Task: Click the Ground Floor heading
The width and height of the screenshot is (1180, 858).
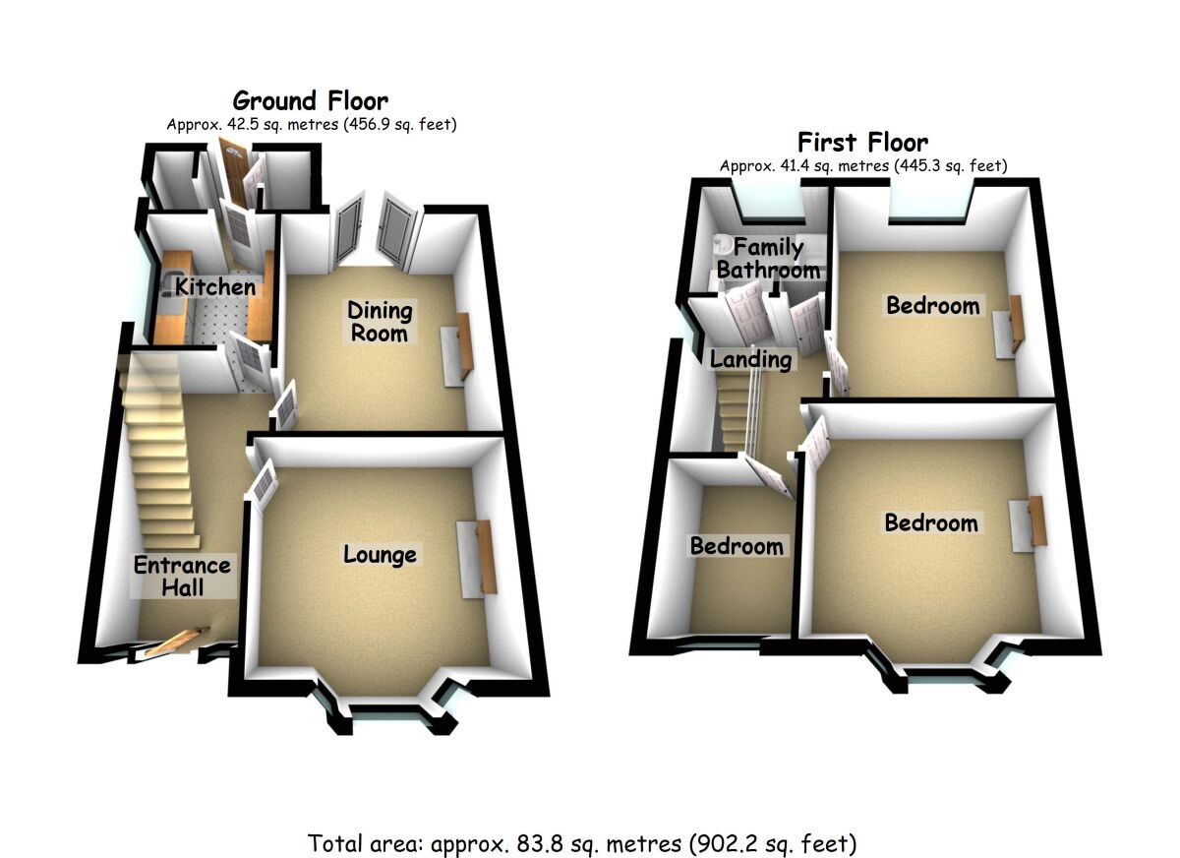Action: [310, 100]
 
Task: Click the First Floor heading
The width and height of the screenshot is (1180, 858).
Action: [862, 142]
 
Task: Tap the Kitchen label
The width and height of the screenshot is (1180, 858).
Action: [215, 287]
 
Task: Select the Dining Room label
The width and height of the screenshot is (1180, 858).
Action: [380, 322]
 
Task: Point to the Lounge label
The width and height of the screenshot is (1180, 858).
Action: [380, 555]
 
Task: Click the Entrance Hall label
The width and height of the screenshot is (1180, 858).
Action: [183, 577]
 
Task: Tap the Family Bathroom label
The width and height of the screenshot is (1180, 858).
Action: [768, 259]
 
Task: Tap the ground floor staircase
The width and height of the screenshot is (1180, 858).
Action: [157, 462]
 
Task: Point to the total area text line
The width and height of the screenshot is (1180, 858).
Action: [582, 843]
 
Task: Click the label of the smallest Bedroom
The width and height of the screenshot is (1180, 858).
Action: [737, 546]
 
